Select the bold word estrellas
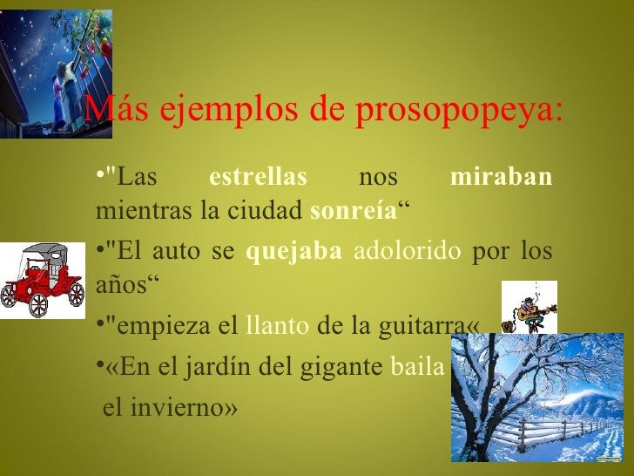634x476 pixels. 259,178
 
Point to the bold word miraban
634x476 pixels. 502,178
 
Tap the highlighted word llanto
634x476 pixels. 277,327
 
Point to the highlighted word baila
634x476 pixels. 416,366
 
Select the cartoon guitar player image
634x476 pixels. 529,308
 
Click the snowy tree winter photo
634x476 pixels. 536,398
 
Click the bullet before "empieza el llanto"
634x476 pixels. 98,327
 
